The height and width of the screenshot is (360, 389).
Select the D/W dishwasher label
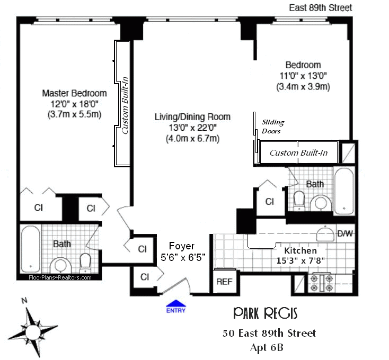tap(344, 233)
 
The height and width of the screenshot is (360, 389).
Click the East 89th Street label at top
tap(320, 7)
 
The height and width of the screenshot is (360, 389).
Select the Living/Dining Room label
tap(192, 116)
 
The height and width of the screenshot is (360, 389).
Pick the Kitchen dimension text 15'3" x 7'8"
tap(300, 260)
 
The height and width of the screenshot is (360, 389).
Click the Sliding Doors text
tap(271, 126)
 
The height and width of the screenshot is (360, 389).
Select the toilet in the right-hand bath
tap(299, 199)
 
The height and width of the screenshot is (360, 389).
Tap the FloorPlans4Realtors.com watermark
tap(59, 277)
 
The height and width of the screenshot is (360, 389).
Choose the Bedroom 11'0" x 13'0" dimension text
tap(300, 76)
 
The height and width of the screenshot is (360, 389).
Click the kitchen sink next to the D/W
tap(323, 233)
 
